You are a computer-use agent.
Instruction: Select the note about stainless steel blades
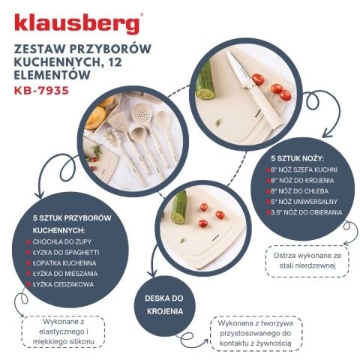tap(307, 260)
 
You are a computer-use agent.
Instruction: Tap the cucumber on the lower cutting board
tap(178, 207)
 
